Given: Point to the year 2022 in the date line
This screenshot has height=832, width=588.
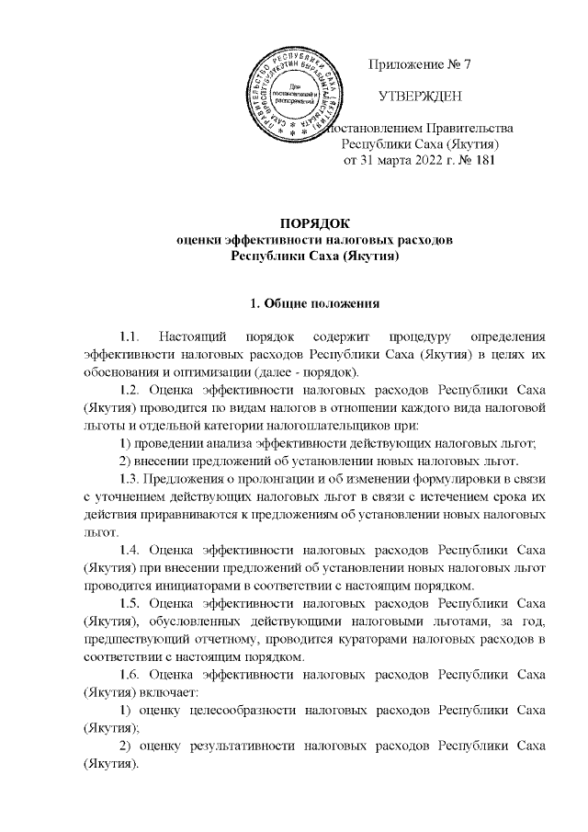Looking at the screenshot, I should [418, 159].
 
